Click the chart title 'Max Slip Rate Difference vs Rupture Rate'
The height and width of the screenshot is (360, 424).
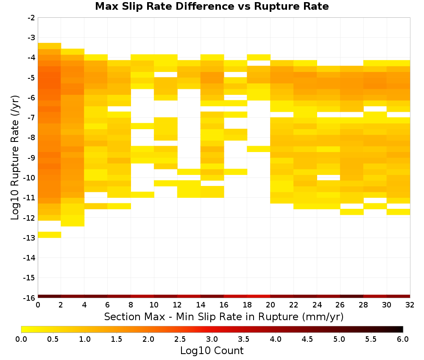point(212,6)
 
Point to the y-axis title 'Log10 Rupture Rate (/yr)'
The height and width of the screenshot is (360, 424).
point(15,158)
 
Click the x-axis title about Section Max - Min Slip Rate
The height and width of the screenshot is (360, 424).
point(223,316)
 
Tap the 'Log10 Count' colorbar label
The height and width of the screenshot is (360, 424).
point(212,351)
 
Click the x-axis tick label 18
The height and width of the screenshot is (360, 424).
point(247,305)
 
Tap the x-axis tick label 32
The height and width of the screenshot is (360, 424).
point(410,305)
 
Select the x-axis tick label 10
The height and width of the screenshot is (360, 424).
point(154,305)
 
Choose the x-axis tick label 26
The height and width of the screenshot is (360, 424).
point(340,305)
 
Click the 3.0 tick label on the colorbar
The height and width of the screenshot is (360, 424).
point(212,339)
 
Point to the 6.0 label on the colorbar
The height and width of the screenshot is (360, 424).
point(403,339)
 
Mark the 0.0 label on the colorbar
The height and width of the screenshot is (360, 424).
point(21,339)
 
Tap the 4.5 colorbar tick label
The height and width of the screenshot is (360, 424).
point(307,339)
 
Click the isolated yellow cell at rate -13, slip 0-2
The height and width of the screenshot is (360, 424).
point(50,235)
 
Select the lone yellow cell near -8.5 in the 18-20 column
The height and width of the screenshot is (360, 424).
point(259,149)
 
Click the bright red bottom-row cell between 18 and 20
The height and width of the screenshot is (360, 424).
point(259,296)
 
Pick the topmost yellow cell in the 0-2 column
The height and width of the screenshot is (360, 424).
point(50,46)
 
